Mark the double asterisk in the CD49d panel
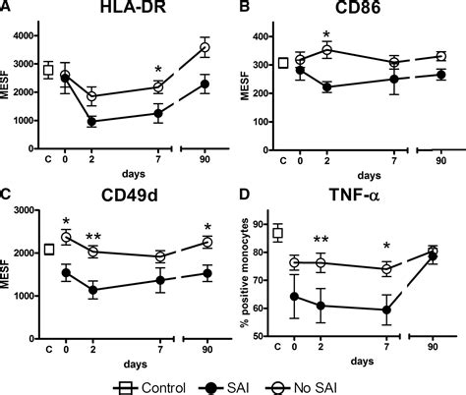[92, 237]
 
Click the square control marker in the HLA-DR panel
[47, 70]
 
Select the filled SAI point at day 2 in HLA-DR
[91, 122]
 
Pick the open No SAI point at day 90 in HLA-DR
[205, 47]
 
